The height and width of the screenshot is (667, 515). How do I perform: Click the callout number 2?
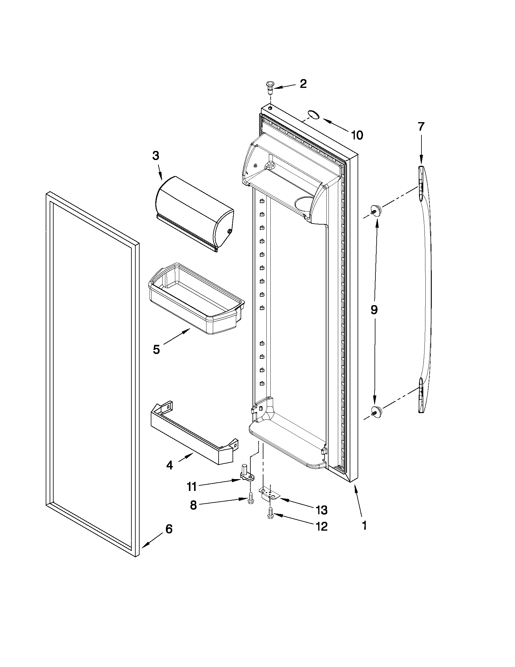303,84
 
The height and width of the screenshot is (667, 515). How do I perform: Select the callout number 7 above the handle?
421,126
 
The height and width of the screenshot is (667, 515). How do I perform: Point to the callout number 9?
374,310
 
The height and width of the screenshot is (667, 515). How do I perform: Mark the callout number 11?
192,486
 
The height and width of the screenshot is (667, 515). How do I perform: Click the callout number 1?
364,525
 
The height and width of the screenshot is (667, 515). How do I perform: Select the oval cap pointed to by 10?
313,115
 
